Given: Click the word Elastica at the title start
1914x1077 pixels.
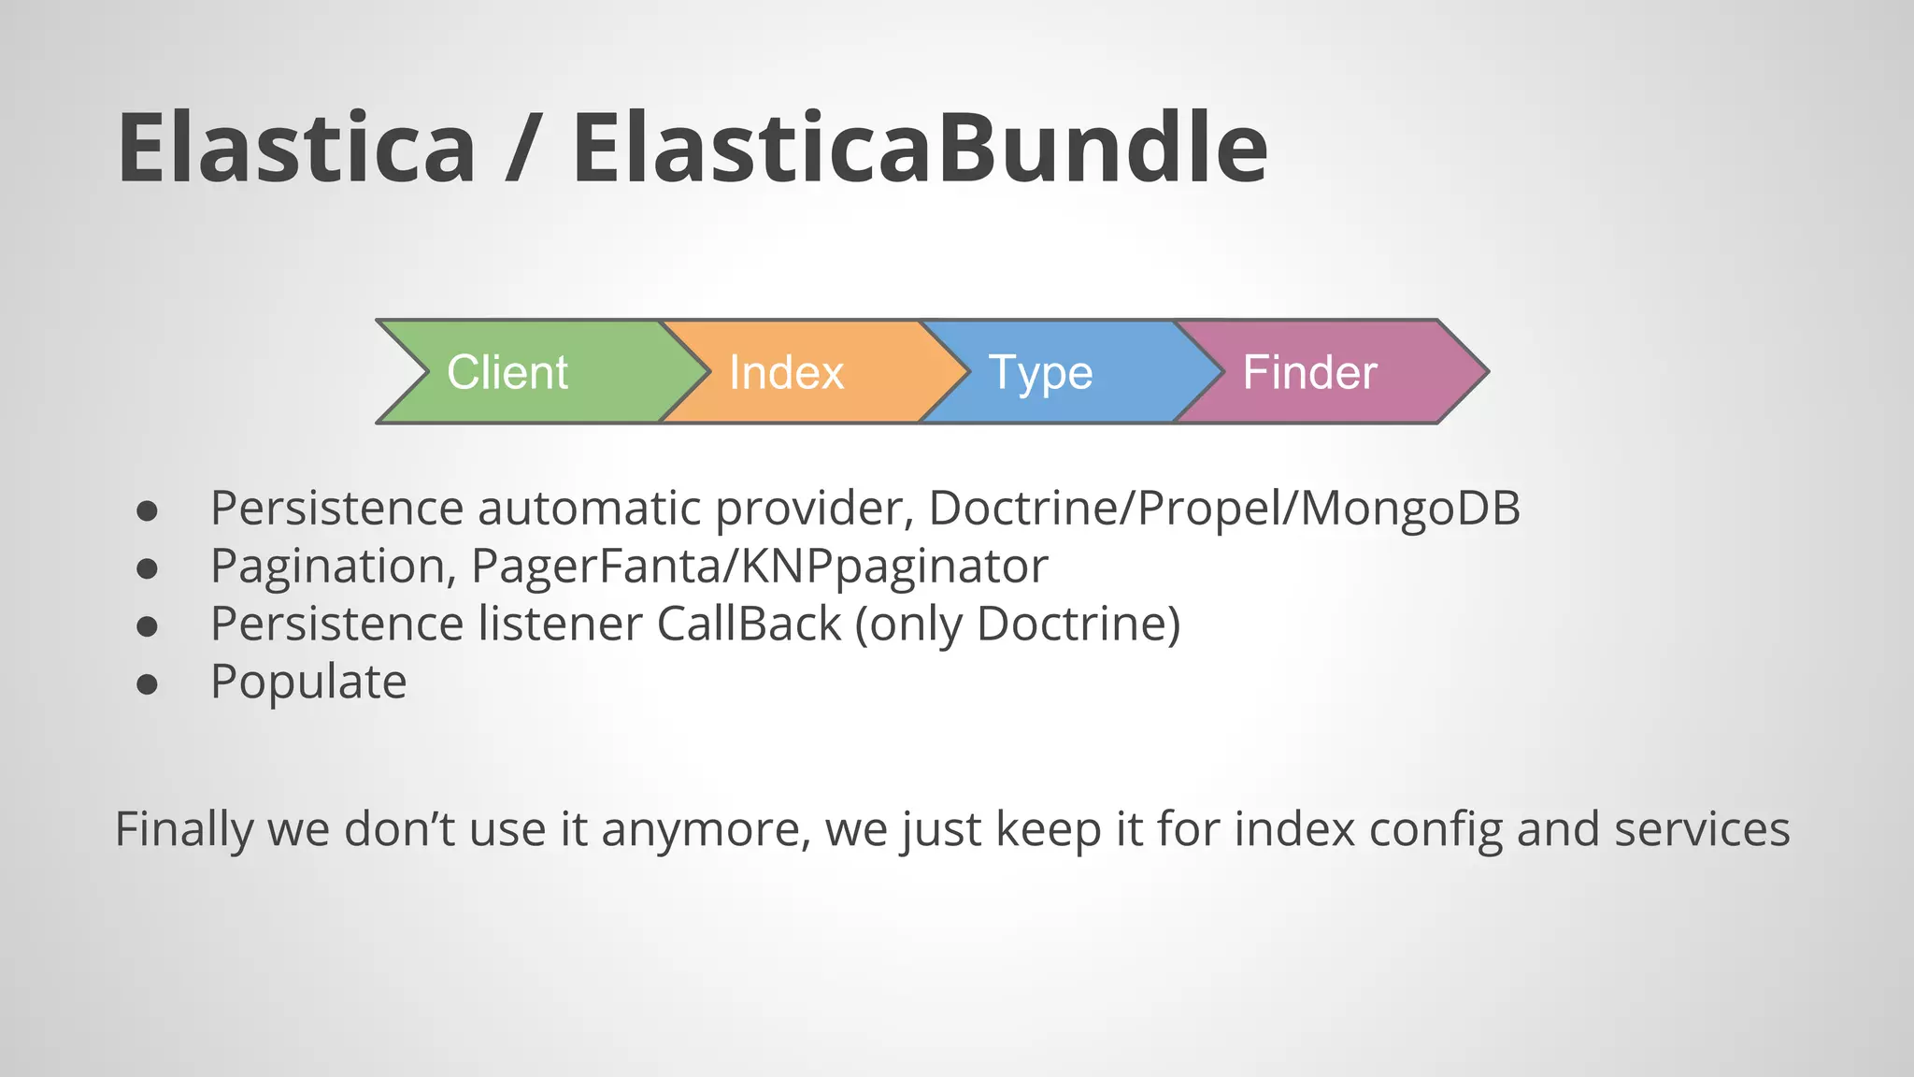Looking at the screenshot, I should pos(296,148).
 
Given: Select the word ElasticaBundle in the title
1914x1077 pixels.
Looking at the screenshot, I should pos(920,148).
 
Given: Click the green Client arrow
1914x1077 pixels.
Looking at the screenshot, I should pos(523,372).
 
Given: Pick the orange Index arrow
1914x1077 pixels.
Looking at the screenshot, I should pos(794,372).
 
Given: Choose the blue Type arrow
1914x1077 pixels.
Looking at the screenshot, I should pos(1047,372).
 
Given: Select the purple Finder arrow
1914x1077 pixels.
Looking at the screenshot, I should pos(1318,372).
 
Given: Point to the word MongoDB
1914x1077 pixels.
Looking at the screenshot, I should pos(1410,509).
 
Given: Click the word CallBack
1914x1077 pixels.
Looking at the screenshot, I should pos(749,625).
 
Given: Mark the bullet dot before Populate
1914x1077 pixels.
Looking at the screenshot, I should pos(147,684).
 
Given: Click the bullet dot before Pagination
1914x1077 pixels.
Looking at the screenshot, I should pos(147,568).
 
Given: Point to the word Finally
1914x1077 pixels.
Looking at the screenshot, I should pos(184,830).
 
